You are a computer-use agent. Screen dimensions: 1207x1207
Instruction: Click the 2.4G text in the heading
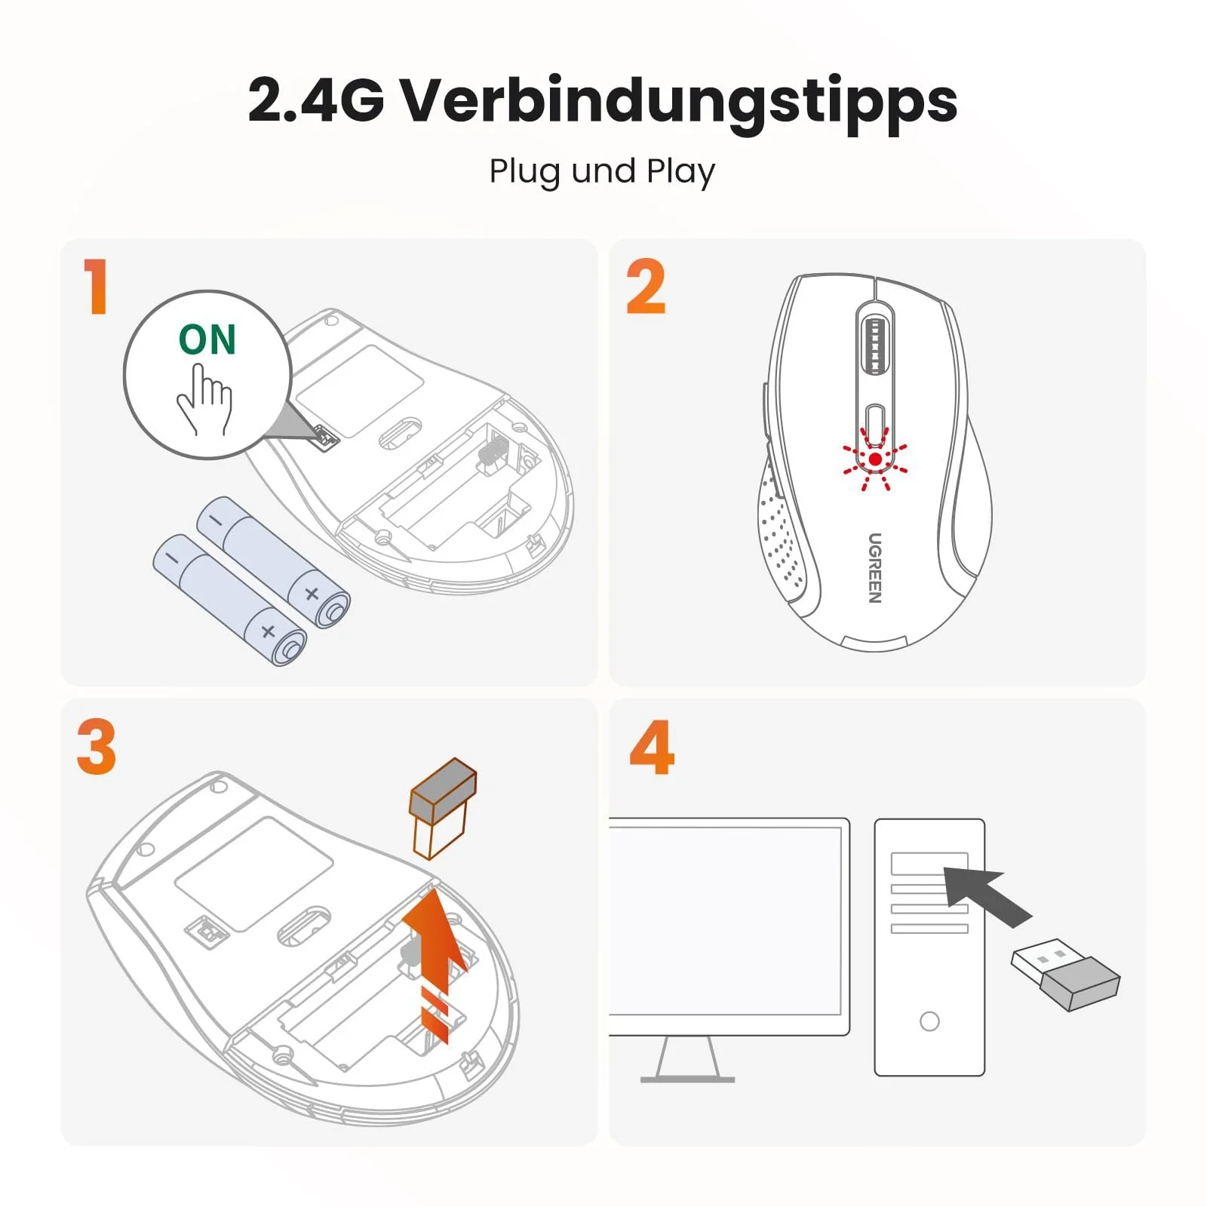pos(316,100)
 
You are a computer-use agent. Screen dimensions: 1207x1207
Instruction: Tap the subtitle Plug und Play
pos(602,172)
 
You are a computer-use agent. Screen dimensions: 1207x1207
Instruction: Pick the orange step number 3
pos(97,747)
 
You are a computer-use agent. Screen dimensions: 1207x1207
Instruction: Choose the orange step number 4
pos(652,747)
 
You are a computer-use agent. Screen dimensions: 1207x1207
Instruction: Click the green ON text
pos(207,339)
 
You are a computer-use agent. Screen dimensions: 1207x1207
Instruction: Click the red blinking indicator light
pos(875,459)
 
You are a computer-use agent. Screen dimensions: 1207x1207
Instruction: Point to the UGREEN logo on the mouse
pos(874,567)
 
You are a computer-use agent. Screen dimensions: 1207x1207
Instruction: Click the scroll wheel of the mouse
pos(875,346)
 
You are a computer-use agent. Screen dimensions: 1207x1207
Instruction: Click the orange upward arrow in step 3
pos(434,951)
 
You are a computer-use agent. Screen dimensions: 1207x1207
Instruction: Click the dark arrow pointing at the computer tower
pos(984,894)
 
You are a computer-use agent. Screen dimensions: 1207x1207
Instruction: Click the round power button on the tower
pos(929,1021)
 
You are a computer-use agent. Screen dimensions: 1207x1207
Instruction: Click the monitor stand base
pos(687,1079)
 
